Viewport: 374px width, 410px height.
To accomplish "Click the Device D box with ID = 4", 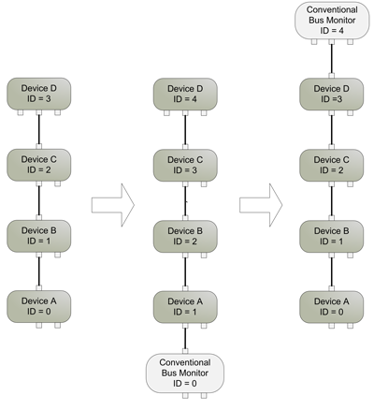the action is tap(185, 95).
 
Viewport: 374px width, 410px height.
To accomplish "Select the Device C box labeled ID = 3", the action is tap(185, 166).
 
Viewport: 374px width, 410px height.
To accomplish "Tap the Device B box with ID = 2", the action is tap(185, 237).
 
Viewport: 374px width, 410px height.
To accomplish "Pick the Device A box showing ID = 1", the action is tap(185, 307).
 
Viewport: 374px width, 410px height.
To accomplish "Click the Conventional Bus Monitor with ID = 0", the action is tap(185, 373).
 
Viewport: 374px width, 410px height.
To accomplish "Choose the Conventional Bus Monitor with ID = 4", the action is tap(332, 21).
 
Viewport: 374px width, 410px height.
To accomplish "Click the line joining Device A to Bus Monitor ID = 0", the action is tap(185, 339).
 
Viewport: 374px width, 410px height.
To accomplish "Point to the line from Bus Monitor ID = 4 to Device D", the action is tap(332, 59).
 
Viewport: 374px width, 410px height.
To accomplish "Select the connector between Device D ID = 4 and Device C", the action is tap(185, 130).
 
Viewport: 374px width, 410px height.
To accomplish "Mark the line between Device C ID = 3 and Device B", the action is tap(185, 201).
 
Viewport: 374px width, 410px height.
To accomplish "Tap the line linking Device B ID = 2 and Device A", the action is tap(185, 272).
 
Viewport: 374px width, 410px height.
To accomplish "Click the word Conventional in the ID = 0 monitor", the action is tap(185, 362).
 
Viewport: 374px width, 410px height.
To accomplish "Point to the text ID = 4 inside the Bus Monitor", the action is tap(332, 31).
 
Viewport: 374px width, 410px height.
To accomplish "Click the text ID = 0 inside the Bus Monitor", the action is tap(185, 383).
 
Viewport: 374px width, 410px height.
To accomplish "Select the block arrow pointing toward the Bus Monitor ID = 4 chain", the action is tap(261, 205).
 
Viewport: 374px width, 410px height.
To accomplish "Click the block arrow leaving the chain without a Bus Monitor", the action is tap(113, 205).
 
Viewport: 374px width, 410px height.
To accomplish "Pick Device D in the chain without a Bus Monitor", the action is tap(39, 94).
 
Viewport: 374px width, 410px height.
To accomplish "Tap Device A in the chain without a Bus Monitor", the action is tap(39, 307).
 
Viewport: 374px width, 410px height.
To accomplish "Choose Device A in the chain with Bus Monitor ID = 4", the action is tap(332, 307).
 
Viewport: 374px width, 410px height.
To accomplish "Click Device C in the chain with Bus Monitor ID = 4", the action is tap(332, 166).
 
